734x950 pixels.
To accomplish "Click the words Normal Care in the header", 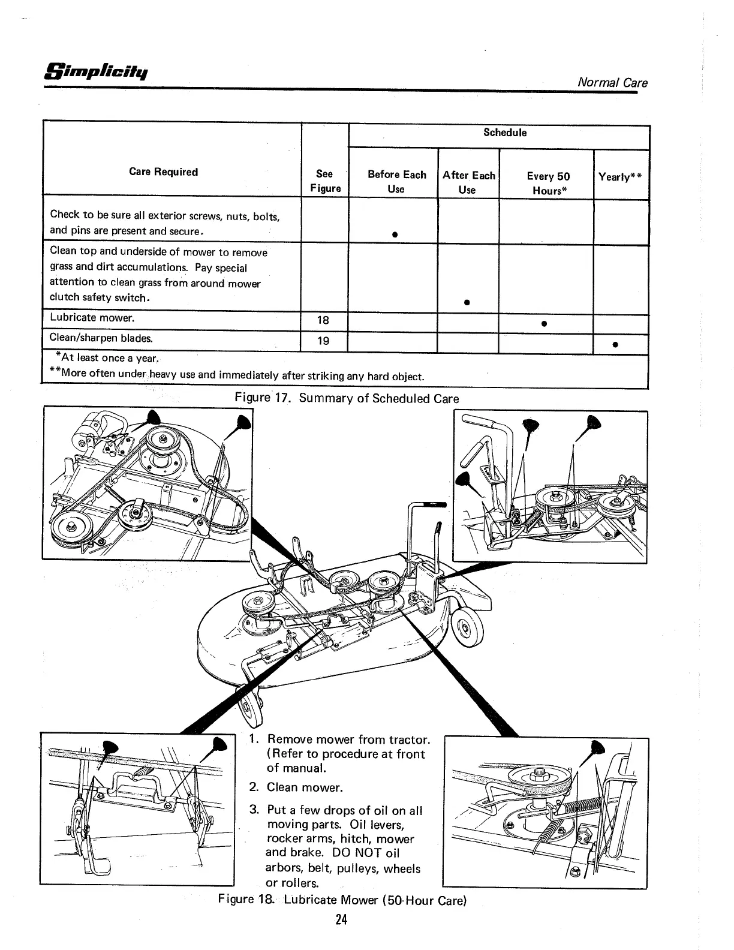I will point(612,82).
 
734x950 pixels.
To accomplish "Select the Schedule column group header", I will point(505,133).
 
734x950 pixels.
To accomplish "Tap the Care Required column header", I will point(163,172).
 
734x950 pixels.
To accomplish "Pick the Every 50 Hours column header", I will point(548,183).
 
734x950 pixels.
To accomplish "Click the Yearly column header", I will point(621,177).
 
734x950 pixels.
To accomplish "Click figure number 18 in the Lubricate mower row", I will point(323,320).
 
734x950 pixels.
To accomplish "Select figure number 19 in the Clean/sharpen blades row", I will point(323,341).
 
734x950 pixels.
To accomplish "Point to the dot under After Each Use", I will point(466,302).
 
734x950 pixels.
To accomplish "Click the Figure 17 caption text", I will point(347,398).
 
